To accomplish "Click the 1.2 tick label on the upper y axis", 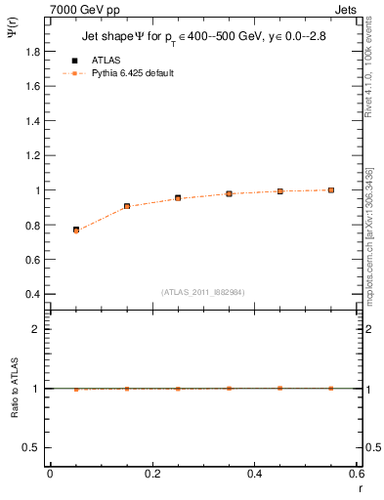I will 34,155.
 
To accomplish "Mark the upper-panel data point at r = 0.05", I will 75,229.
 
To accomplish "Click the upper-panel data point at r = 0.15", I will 127,206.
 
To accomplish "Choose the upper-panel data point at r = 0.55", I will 331,189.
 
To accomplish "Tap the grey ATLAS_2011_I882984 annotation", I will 202,291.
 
